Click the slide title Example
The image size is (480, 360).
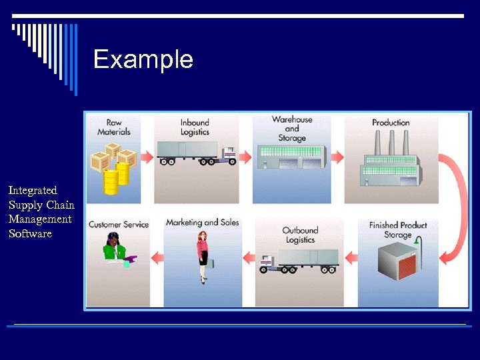click(143, 59)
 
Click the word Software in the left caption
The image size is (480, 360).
click(30, 234)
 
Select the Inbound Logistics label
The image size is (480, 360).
click(195, 127)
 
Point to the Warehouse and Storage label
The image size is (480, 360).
click(292, 129)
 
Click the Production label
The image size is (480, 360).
click(391, 123)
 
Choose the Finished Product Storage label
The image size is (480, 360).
click(398, 230)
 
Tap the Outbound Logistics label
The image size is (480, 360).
click(300, 235)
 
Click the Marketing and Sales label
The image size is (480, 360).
click(202, 222)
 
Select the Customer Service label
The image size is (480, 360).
click(119, 225)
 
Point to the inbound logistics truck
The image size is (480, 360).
click(196, 153)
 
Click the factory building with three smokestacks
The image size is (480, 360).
click(391, 163)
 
